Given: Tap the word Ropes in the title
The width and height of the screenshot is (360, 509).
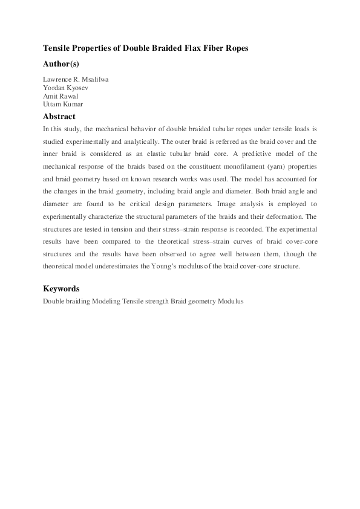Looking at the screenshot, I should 235,48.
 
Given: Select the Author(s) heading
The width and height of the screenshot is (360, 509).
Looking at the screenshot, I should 61,63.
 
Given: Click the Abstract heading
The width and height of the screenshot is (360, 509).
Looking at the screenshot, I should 59,116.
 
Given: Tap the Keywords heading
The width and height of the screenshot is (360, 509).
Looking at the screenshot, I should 61,289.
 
